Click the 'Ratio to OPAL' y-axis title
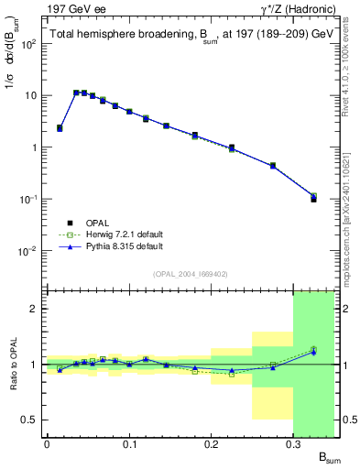point(14,365)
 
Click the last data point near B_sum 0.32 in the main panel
point(313,198)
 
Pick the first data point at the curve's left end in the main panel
point(60,128)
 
